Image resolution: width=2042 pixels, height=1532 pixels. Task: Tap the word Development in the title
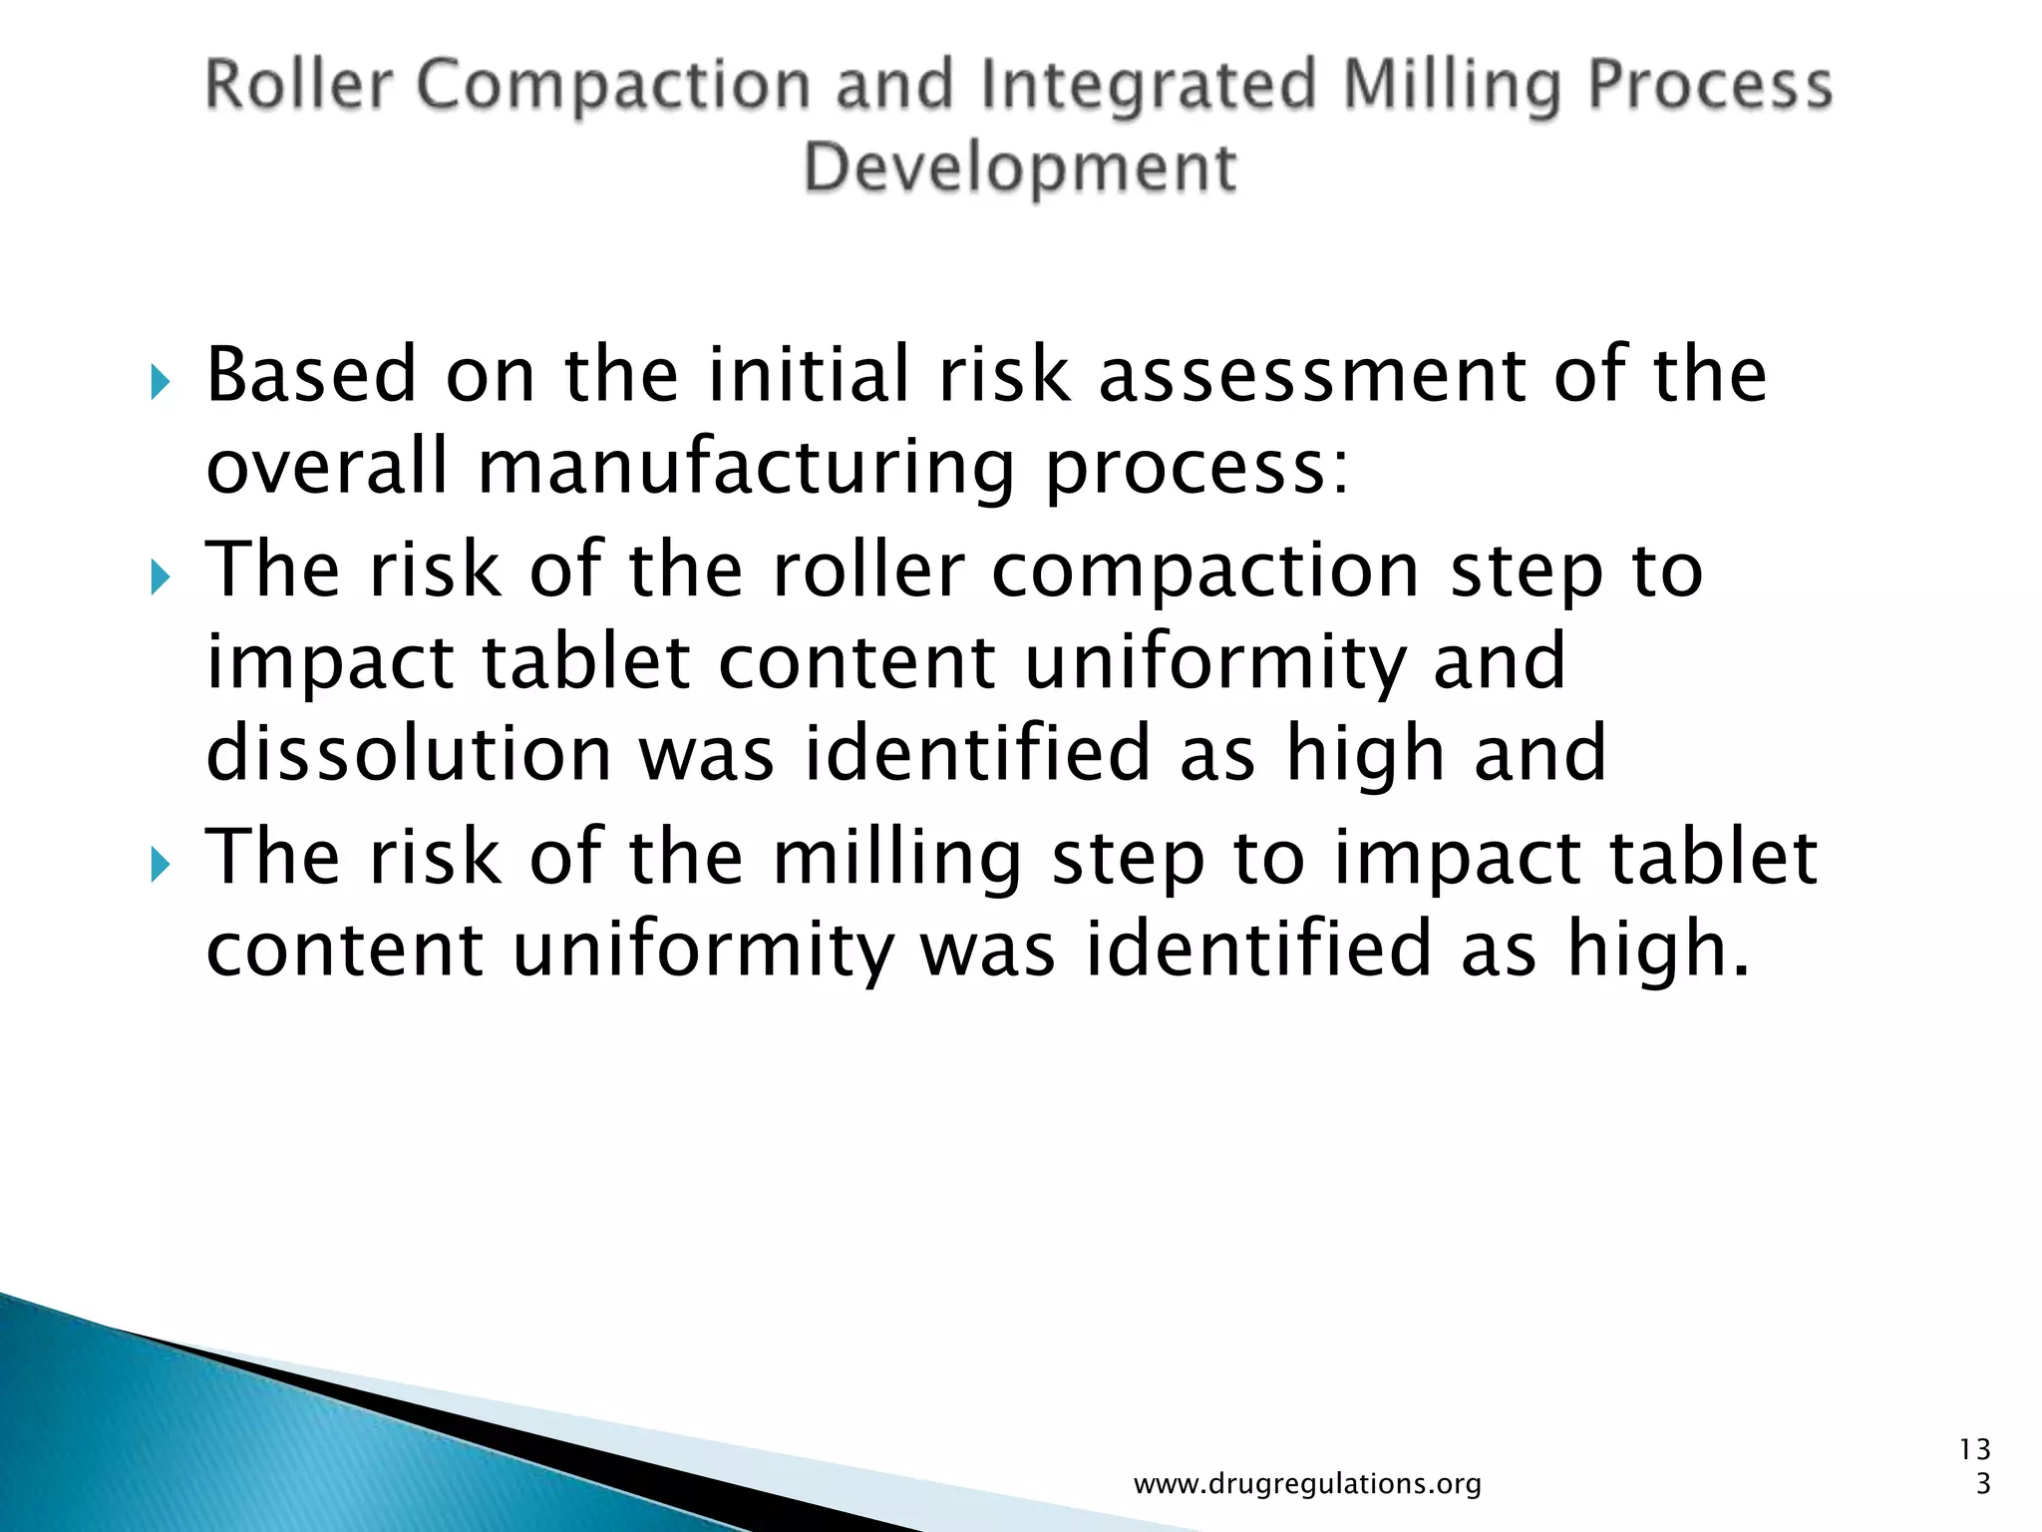click(1019, 168)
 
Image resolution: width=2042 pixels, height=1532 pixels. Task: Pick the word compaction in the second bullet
click(1205, 572)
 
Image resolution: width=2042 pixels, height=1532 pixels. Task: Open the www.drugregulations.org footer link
click(1307, 1484)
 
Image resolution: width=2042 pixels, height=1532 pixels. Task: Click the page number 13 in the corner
click(1974, 1449)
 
